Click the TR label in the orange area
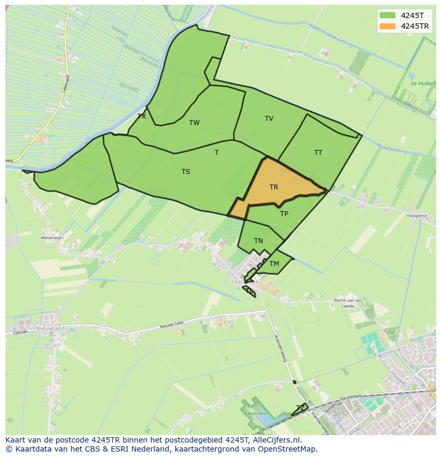(x=274, y=187)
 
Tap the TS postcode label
(x=186, y=172)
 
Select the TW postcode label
(x=194, y=123)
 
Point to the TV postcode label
(x=269, y=119)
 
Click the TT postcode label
(x=318, y=153)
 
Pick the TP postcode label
(x=284, y=214)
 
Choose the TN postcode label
(x=258, y=241)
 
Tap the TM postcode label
(x=274, y=264)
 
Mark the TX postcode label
(x=142, y=116)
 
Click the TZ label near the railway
(x=300, y=408)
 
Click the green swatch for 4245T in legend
(x=388, y=15)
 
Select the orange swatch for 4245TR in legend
(x=388, y=26)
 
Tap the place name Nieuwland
(x=50, y=329)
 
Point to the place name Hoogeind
(x=416, y=216)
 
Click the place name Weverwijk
(x=52, y=238)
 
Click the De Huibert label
(x=423, y=84)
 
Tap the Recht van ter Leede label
(x=348, y=303)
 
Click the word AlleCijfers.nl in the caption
(x=277, y=440)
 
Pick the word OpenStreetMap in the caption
(x=289, y=449)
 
